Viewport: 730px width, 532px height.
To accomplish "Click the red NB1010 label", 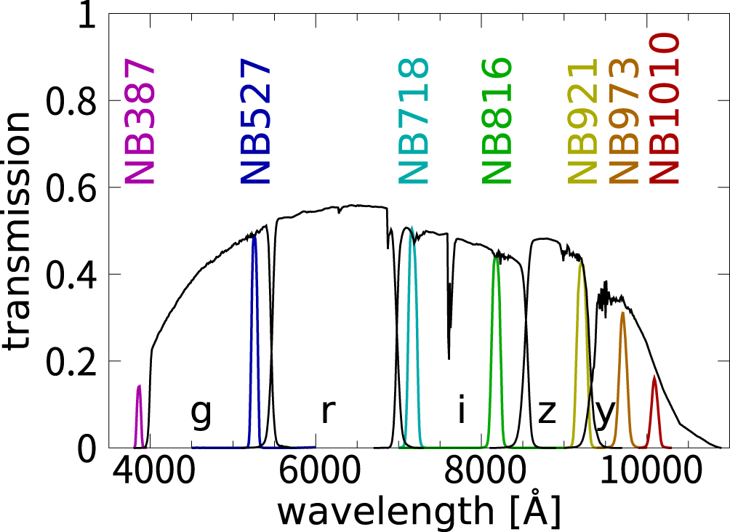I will (x=664, y=109).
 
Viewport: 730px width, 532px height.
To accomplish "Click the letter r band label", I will (x=328, y=412).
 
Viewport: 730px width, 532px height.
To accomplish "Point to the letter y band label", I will (x=606, y=414).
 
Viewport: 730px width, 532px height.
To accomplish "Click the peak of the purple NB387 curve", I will (x=139, y=386).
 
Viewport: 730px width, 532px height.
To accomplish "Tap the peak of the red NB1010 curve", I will (x=654, y=376).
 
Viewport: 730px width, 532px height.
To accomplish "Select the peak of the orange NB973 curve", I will (x=622, y=313).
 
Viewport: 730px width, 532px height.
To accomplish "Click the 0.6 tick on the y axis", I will (x=111, y=187).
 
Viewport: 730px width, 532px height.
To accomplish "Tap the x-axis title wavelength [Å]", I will (x=418, y=513).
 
